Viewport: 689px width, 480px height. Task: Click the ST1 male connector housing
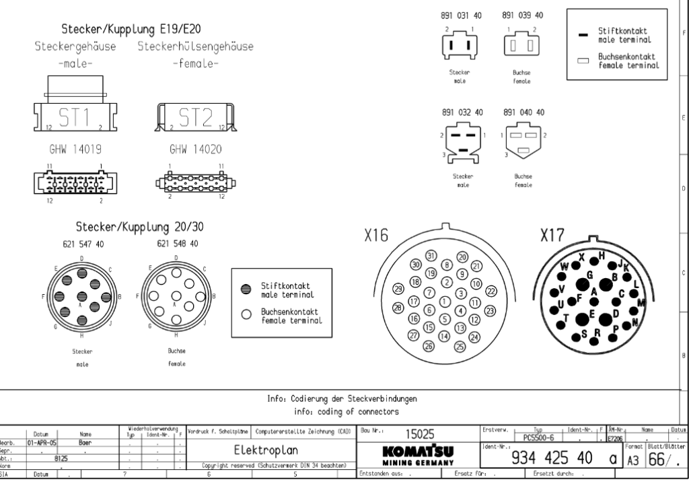[x=76, y=118]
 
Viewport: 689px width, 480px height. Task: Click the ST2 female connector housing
[x=195, y=118]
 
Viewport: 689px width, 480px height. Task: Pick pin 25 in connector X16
[x=460, y=347]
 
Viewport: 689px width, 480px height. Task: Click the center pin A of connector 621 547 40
[x=81, y=296]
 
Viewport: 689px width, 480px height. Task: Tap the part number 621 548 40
[x=177, y=244]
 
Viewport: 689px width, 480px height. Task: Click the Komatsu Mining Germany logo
[x=413, y=454]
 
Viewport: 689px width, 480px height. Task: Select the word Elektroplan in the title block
[x=268, y=450]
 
